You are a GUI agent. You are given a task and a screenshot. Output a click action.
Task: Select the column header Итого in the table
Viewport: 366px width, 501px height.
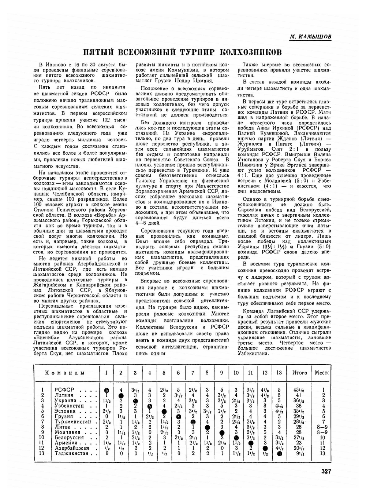[299, 373]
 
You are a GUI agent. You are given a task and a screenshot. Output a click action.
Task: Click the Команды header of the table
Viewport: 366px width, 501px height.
[65, 373]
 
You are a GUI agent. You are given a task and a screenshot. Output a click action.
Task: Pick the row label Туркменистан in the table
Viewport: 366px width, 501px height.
[73, 422]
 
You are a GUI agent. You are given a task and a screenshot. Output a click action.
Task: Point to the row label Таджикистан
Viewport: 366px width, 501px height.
[71, 453]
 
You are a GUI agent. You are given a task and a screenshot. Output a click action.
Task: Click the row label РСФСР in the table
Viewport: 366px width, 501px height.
[64, 390]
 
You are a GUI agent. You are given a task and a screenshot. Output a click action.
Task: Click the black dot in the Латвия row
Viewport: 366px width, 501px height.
[121, 396]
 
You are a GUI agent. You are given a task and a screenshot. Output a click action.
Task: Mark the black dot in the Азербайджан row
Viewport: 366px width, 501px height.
[265, 448]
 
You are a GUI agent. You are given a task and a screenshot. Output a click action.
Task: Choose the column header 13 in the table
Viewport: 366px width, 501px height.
[279, 373]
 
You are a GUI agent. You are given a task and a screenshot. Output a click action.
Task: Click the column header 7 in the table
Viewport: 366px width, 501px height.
[193, 373]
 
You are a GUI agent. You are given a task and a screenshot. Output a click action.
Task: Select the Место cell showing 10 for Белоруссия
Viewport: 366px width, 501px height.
[322, 438]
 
